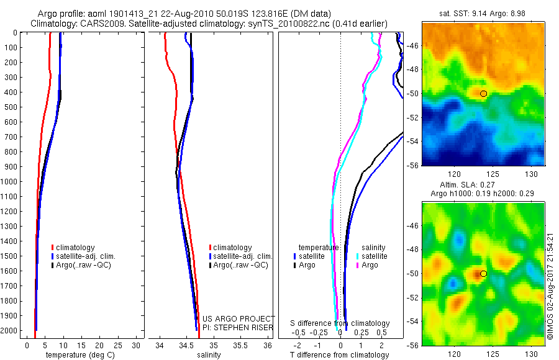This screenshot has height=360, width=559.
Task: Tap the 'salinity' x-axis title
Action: coord(209,355)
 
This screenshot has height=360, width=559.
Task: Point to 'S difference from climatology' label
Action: coord(340,323)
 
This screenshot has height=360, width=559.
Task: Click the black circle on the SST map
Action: coord(484,93)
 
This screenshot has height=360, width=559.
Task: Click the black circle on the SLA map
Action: coord(484,273)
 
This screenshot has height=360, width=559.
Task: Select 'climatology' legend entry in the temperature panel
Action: coord(77,248)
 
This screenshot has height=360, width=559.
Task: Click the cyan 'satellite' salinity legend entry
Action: coord(373,256)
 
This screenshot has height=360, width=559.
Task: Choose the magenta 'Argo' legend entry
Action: coord(369,265)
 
